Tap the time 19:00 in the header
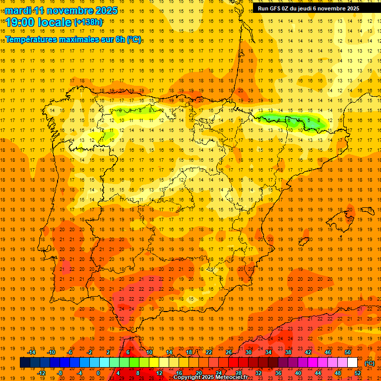tap(21, 22)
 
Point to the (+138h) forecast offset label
tap(88, 22)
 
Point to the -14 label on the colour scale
tap(32, 352)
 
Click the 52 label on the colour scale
tap(357, 373)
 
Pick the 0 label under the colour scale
tap(98, 373)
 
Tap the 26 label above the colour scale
tap(228, 352)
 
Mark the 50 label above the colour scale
tap(348, 352)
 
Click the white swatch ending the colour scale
tap(352, 363)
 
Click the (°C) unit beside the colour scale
tap(370, 363)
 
